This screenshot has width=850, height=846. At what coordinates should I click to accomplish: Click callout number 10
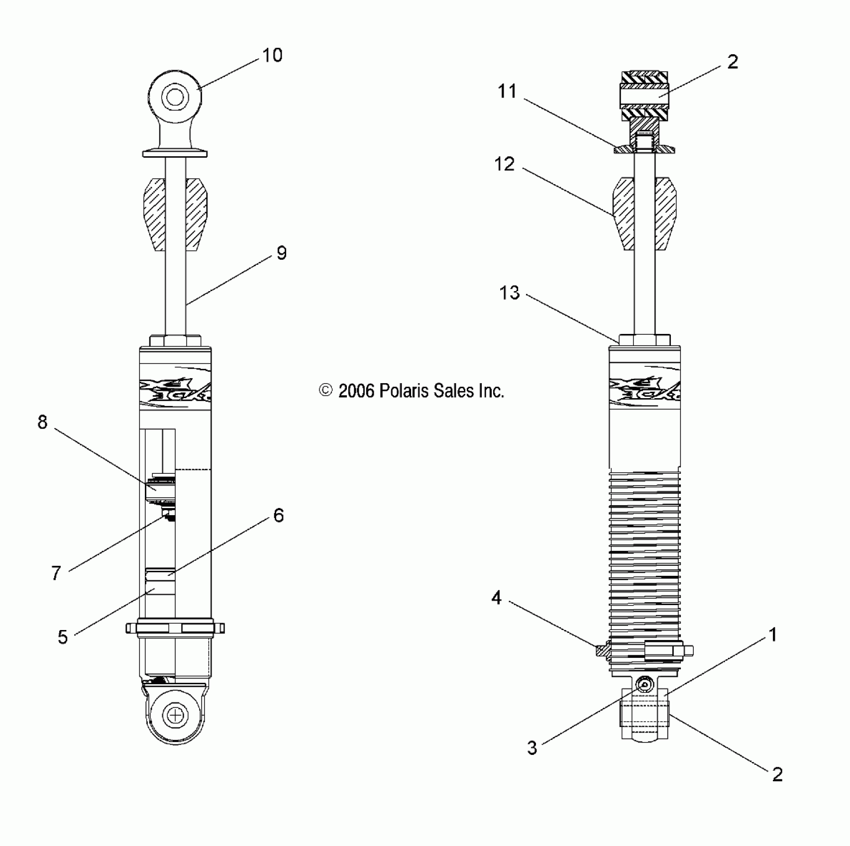[x=272, y=55]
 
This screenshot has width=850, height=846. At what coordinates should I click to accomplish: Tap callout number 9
[x=282, y=253]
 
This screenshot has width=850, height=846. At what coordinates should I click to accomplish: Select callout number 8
[x=43, y=423]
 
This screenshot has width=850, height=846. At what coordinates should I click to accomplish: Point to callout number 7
[x=56, y=573]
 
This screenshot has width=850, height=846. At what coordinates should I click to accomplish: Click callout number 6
[x=279, y=516]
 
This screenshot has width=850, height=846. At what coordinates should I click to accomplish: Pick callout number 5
[x=63, y=637]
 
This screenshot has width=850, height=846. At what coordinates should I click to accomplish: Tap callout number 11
[x=508, y=92]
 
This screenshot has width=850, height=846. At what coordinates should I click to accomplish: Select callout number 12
[x=505, y=164]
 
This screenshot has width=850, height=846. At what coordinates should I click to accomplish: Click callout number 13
[x=510, y=293]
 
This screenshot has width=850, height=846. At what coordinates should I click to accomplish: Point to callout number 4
[x=496, y=598]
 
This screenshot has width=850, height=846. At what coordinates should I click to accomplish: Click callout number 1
[x=773, y=634]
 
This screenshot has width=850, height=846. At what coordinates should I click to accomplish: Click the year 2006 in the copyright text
[x=356, y=391]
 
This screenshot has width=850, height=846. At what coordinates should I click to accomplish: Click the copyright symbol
[x=325, y=391]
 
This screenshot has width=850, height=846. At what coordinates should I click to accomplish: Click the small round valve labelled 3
[x=645, y=685]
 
